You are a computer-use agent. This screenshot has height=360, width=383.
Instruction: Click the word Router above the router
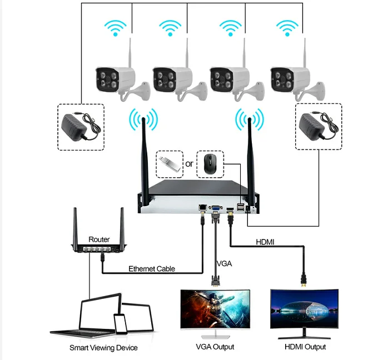pyautogui.click(x=99, y=239)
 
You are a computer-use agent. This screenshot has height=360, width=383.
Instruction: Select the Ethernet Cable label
pyautogui.click(x=151, y=269)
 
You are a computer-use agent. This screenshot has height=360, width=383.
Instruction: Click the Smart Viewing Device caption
pyautogui.click(x=103, y=348)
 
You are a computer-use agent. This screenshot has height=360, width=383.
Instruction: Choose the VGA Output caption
pyautogui.click(x=215, y=347)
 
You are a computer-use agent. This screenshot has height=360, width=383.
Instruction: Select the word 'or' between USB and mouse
pyautogui.click(x=189, y=164)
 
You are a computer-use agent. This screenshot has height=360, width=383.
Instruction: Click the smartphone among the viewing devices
pyautogui.click(x=121, y=324)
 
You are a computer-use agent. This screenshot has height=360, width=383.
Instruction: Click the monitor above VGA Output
pyautogui.click(x=215, y=310)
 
